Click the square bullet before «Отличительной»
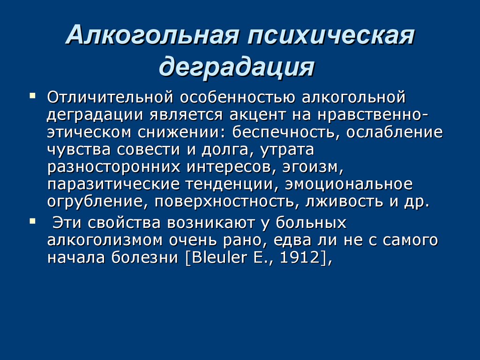point(32,95)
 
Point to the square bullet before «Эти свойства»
point(32,221)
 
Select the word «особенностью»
point(238,98)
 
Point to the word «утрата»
point(286,150)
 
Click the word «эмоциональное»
point(349,185)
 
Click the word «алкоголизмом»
point(105,240)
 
